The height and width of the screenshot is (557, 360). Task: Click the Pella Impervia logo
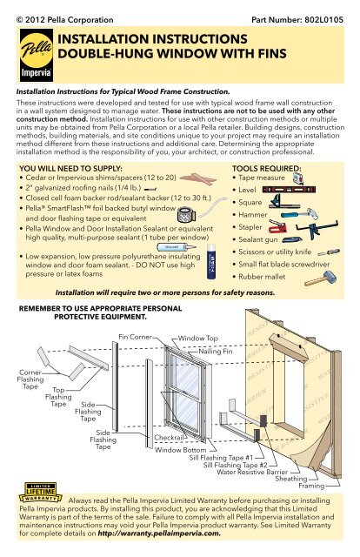pyautogui.click(x=37, y=55)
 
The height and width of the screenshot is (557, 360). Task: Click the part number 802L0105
pyautogui.click(x=323, y=20)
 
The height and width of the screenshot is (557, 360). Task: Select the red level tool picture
pyautogui.click(x=289, y=190)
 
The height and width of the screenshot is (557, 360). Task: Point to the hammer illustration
pyautogui.click(x=299, y=214)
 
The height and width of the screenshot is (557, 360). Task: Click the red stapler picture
pyautogui.click(x=278, y=226)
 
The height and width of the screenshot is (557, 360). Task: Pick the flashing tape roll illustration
pyautogui.click(x=186, y=214)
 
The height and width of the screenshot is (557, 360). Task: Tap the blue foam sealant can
pyautogui.click(x=211, y=261)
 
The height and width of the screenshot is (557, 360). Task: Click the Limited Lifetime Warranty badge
pyautogui.click(x=41, y=493)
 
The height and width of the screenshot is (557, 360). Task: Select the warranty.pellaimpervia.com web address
pyautogui.click(x=159, y=534)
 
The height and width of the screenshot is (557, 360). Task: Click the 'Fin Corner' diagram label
pyautogui.click(x=135, y=337)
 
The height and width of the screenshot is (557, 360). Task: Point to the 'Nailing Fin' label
pyautogui.click(x=216, y=352)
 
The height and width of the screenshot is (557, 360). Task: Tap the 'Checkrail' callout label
pyautogui.click(x=169, y=438)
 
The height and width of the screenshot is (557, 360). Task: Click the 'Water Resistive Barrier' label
pyautogui.click(x=252, y=472)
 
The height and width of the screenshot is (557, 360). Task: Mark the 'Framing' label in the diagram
pyautogui.click(x=311, y=486)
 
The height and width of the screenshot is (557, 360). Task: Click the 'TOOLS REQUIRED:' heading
pyautogui.click(x=267, y=168)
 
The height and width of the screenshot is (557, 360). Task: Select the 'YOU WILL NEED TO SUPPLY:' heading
pyautogui.click(x=70, y=168)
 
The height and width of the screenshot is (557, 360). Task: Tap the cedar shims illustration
pyautogui.click(x=197, y=178)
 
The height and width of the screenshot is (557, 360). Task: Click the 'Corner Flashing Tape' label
pyautogui.click(x=30, y=379)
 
